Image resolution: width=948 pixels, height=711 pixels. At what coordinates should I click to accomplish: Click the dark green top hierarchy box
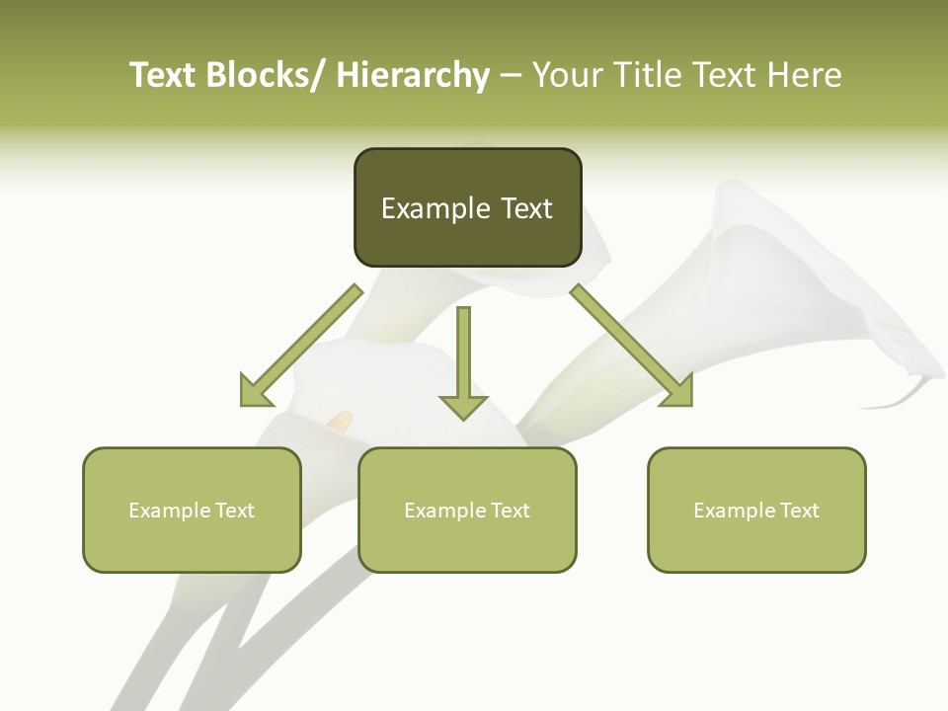pos(467,207)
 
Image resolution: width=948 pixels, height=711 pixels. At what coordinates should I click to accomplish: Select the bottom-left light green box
pos(192,510)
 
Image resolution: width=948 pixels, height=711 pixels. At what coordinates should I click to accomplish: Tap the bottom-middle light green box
pos(467,510)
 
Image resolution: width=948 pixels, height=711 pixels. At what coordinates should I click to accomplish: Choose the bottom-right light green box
pos(756,510)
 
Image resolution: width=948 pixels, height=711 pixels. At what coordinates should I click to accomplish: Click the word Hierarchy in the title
pos(413,75)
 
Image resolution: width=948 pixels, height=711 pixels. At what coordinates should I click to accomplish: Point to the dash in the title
pos(510,77)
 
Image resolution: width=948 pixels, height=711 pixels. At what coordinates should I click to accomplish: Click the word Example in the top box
pos(435,208)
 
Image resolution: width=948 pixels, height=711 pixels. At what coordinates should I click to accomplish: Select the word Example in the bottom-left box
pos(169,511)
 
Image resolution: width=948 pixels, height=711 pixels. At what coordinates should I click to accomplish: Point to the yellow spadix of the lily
pos(341,422)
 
